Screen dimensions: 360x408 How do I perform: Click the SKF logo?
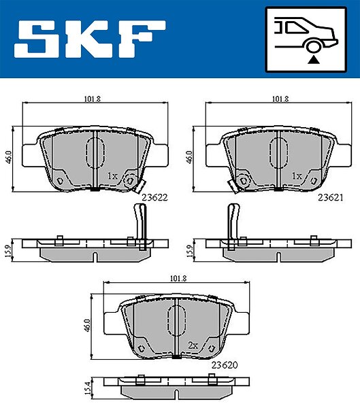coord(90,39)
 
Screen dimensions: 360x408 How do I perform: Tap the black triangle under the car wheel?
coord(313,60)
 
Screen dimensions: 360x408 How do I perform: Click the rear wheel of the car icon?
coord(313,46)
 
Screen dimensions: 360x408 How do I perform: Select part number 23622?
coord(154,197)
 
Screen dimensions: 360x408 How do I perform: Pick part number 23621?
coord(330,198)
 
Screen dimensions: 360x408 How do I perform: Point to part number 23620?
coord(225,365)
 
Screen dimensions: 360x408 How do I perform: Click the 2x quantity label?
coord(193,345)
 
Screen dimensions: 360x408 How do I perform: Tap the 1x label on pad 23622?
coord(112,176)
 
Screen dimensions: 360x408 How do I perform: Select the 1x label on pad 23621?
coord(297,176)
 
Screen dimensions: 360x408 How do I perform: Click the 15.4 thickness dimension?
coord(88,388)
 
